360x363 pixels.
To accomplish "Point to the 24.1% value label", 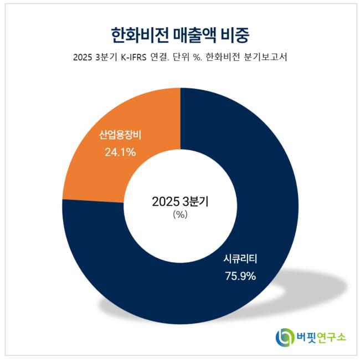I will (x=120, y=151).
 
